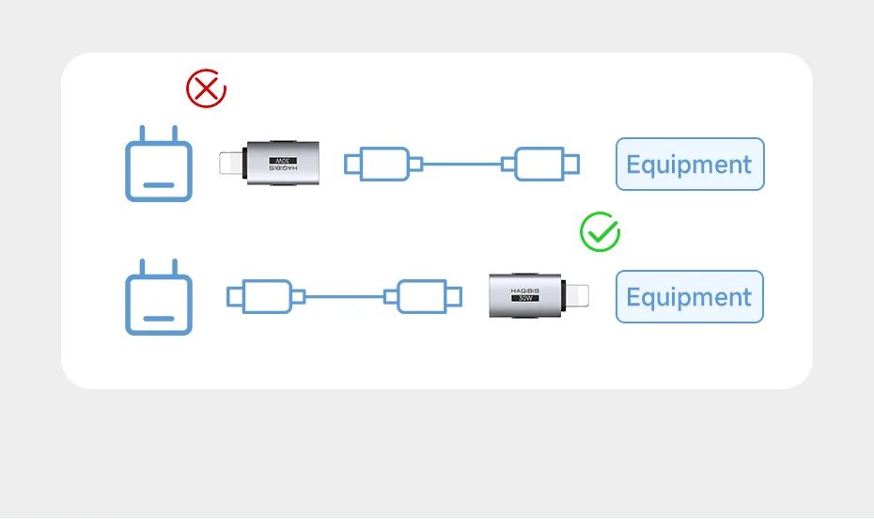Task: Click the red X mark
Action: click(206, 89)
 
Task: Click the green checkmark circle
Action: click(600, 232)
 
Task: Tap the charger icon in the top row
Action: click(159, 169)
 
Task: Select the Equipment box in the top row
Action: click(689, 165)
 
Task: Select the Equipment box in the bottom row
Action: click(689, 297)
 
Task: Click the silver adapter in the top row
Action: click(282, 163)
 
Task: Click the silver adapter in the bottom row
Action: click(525, 296)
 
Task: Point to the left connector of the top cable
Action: click(379, 164)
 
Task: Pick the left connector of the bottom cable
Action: click(262, 296)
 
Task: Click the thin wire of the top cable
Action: click(461, 164)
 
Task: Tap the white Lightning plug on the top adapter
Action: click(231, 163)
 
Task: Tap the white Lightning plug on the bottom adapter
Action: click(576, 296)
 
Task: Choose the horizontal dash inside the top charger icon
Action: click(158, 184)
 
